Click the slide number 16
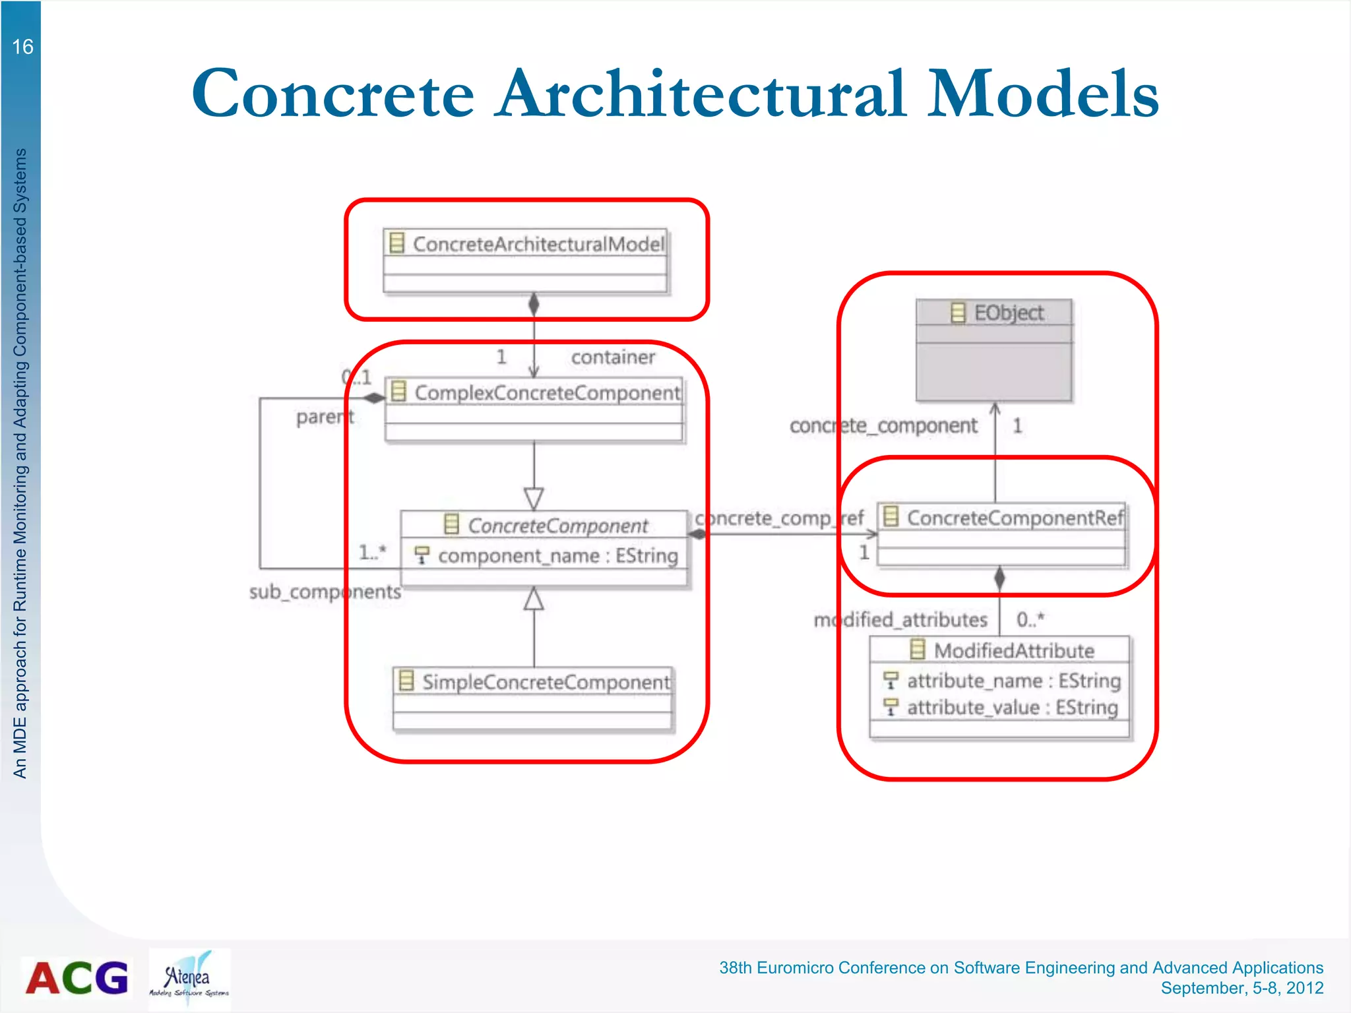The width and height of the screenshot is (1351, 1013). point(22,47)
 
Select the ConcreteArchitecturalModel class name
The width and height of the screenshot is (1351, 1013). point(538,244)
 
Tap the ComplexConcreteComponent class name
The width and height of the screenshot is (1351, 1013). point(547,393)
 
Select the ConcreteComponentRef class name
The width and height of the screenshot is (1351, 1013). point(1015,518)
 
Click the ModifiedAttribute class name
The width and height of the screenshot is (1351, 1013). point(1014,651)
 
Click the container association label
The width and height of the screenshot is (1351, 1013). point(613,357)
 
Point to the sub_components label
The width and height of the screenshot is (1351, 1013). point(325,592)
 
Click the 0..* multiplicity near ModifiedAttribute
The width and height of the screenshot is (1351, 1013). point(1030,619)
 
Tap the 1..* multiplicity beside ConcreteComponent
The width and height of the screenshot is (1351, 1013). point(372,552)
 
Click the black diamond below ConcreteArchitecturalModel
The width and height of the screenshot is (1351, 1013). point(534,304)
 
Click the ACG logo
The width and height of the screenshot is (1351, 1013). point(77,977)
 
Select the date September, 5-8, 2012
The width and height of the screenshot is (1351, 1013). point(1241,988)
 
